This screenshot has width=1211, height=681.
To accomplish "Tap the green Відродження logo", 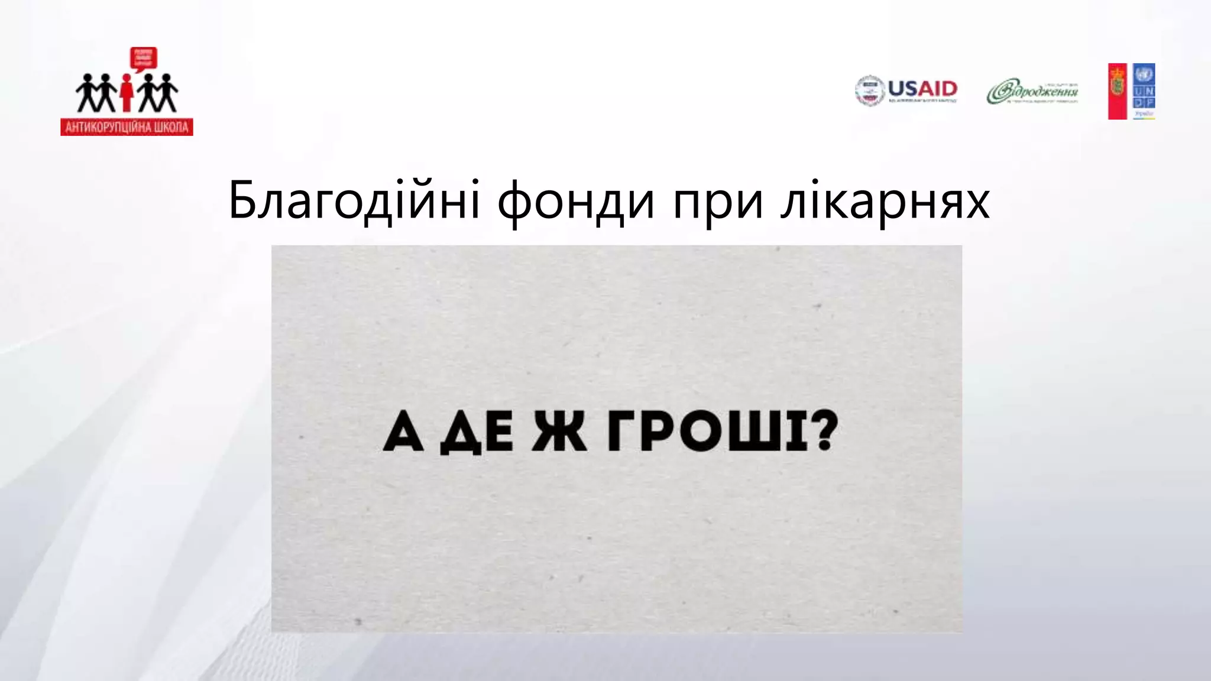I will pos(1032,92).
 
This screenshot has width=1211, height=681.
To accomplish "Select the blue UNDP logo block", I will pos(1144,91).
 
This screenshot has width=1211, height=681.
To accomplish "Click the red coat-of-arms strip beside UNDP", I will pos(1117,91).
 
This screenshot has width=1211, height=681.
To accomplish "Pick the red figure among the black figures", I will pos(126,92).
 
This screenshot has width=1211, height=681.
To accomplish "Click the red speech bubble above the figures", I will pos(143,59).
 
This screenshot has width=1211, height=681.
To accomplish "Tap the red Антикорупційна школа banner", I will pos(127,127).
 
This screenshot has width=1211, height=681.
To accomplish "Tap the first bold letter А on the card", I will pos(403,433).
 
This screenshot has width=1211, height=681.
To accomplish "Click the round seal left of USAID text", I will pos(869,91).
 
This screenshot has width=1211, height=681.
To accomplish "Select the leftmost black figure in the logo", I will pos(85,92).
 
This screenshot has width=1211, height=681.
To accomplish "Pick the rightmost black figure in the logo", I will pos(167,92).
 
